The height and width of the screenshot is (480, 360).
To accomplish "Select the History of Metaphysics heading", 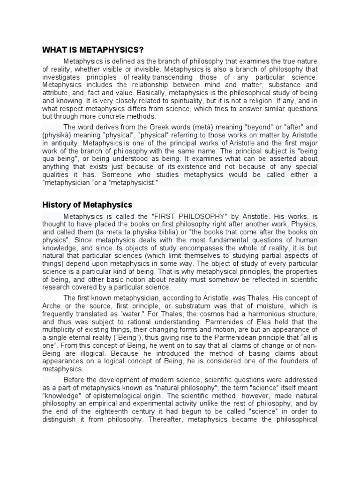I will point(87,205).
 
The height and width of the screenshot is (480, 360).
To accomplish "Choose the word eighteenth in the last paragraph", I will point(113,412).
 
